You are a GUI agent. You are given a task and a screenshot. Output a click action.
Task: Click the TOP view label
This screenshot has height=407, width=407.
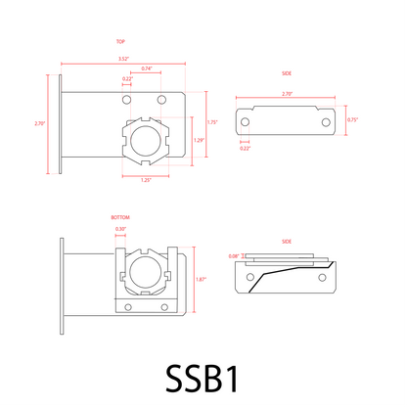click(x=120, y=43)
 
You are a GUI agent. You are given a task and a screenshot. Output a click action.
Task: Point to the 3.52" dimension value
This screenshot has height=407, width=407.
click(x=123, y=60)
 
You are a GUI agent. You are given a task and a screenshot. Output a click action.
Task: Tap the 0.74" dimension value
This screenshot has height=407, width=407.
click(x=146, y=68)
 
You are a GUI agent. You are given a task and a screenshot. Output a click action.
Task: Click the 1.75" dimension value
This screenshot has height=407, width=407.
click(x=212, y=122)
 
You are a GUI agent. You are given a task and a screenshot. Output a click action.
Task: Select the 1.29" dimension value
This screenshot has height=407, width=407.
click(x=200, y=141)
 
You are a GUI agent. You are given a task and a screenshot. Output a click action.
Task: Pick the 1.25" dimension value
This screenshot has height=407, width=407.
click(x=146, y=180)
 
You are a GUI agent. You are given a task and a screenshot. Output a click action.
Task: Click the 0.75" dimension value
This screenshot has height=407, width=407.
click(x=353, y=119)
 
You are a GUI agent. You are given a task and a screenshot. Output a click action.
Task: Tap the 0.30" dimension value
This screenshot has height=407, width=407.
click(x=120, y=229)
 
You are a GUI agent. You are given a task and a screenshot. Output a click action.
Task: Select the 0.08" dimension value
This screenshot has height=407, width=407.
click(x=233, y=256)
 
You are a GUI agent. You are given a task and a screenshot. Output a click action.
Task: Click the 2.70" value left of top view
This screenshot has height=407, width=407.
click(x=39, y=124)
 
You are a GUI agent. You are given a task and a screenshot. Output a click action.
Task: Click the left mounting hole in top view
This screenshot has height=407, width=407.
click(x=126, y=100)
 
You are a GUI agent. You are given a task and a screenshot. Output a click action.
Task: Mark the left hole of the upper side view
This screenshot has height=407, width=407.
click(x=246, y=121)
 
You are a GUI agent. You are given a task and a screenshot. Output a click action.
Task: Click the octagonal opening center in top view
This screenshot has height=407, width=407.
click(x=146, y=142)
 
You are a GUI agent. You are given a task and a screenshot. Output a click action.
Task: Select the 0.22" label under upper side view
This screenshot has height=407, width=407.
click(x=245, y=148)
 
